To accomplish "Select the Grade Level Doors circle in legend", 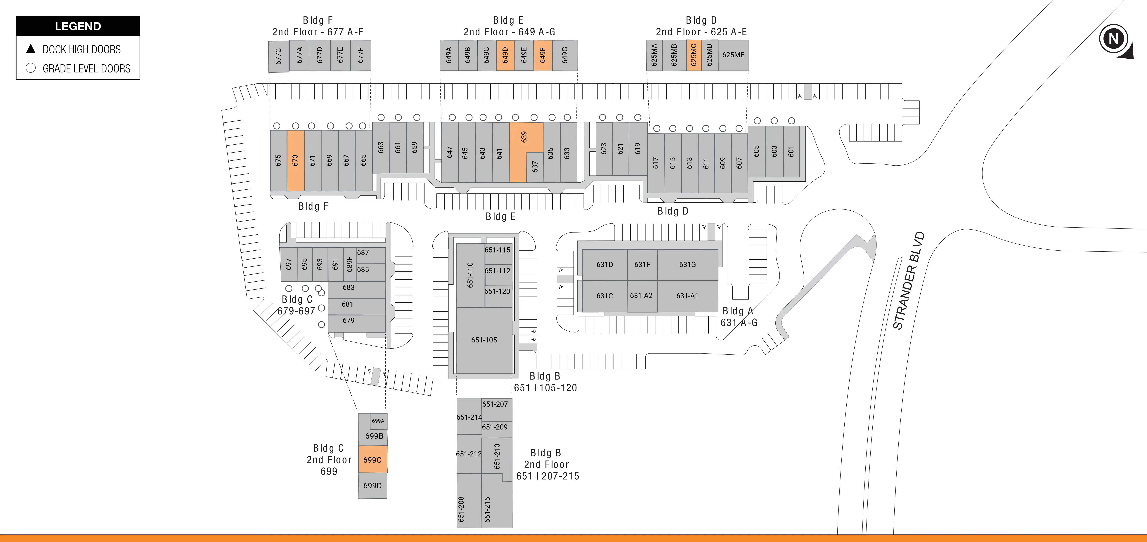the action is pyautogui.click(x=31, y=68).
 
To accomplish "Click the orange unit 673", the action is pyautogui.click(x=295, y=160).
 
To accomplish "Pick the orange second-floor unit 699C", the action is pyautogui.click(x=373, y=460).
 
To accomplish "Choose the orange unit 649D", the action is pyautogui.click(x=505, y=55).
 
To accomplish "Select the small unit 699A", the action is pyautogui.click(x=378, y=421).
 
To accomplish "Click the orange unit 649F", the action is pyautogui.click(x=543, y=55).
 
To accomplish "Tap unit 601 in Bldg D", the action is pyautogui.click(x=791, y=151).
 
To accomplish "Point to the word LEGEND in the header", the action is pyautogui.click(x=78, y=26).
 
